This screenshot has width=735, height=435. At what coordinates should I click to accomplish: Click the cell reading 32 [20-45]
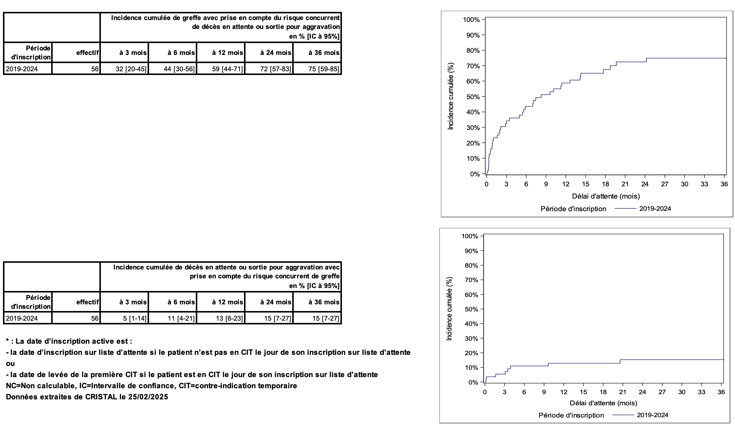click(x=131, y=69)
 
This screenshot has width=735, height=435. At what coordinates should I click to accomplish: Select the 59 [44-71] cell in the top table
click(x=227, y=69)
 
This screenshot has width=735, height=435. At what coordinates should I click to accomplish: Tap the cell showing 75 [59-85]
click(x=324, y=69)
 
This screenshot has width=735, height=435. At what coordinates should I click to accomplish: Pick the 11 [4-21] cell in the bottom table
click(x=181, y=318)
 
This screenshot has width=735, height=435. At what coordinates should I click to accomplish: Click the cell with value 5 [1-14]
click(x=135, y=318)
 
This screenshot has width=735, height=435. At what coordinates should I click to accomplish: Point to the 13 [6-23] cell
click(x=229, y=318)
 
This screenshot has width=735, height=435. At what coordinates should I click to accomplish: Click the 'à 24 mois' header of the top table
click(x=276, y=53)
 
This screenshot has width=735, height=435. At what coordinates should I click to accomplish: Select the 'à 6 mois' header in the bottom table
click(x=181, y=302)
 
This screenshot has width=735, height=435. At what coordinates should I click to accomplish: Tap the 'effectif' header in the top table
click(x=88, y=53)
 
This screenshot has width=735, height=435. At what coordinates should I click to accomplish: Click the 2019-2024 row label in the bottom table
click(x=22, y=318)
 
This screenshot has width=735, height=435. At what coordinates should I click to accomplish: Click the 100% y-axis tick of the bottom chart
click(x=470, y=236)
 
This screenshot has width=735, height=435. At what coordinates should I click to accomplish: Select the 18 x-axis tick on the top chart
click(x=605, y=184)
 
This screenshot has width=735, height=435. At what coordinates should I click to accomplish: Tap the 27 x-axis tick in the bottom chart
click(x=662, y=392)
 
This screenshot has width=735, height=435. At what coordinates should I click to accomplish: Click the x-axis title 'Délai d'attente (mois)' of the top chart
click(x=606, y=196)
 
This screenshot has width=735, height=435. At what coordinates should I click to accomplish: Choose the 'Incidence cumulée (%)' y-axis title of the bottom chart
click(x=449, y=308)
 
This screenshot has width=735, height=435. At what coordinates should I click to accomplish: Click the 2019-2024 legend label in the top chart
click(x=655, y=209)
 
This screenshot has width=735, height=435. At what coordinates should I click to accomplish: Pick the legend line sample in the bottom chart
click(x=623, y=415)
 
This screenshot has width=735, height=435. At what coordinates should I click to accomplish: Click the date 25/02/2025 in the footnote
click(x=148, y=397)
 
